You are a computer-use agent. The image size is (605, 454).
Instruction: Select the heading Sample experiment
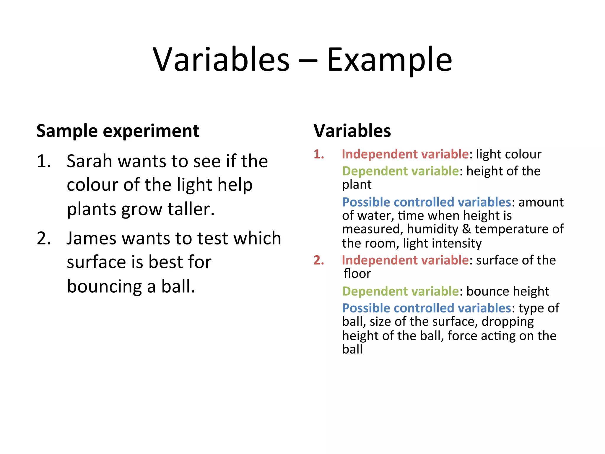point(118,131)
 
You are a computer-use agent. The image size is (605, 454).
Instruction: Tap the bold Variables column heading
point(352,131)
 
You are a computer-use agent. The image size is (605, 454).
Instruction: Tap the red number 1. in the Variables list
point(319,154)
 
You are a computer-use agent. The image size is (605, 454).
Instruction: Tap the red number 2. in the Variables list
point(319,260)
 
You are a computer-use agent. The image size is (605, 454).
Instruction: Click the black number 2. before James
point(44,238)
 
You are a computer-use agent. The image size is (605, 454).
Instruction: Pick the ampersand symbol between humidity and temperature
point(466,229)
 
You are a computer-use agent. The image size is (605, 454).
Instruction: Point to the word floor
point(357,274)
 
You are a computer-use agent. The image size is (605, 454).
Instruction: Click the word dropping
point(508,322)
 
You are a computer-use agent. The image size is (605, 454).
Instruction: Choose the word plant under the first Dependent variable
point(357,185)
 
